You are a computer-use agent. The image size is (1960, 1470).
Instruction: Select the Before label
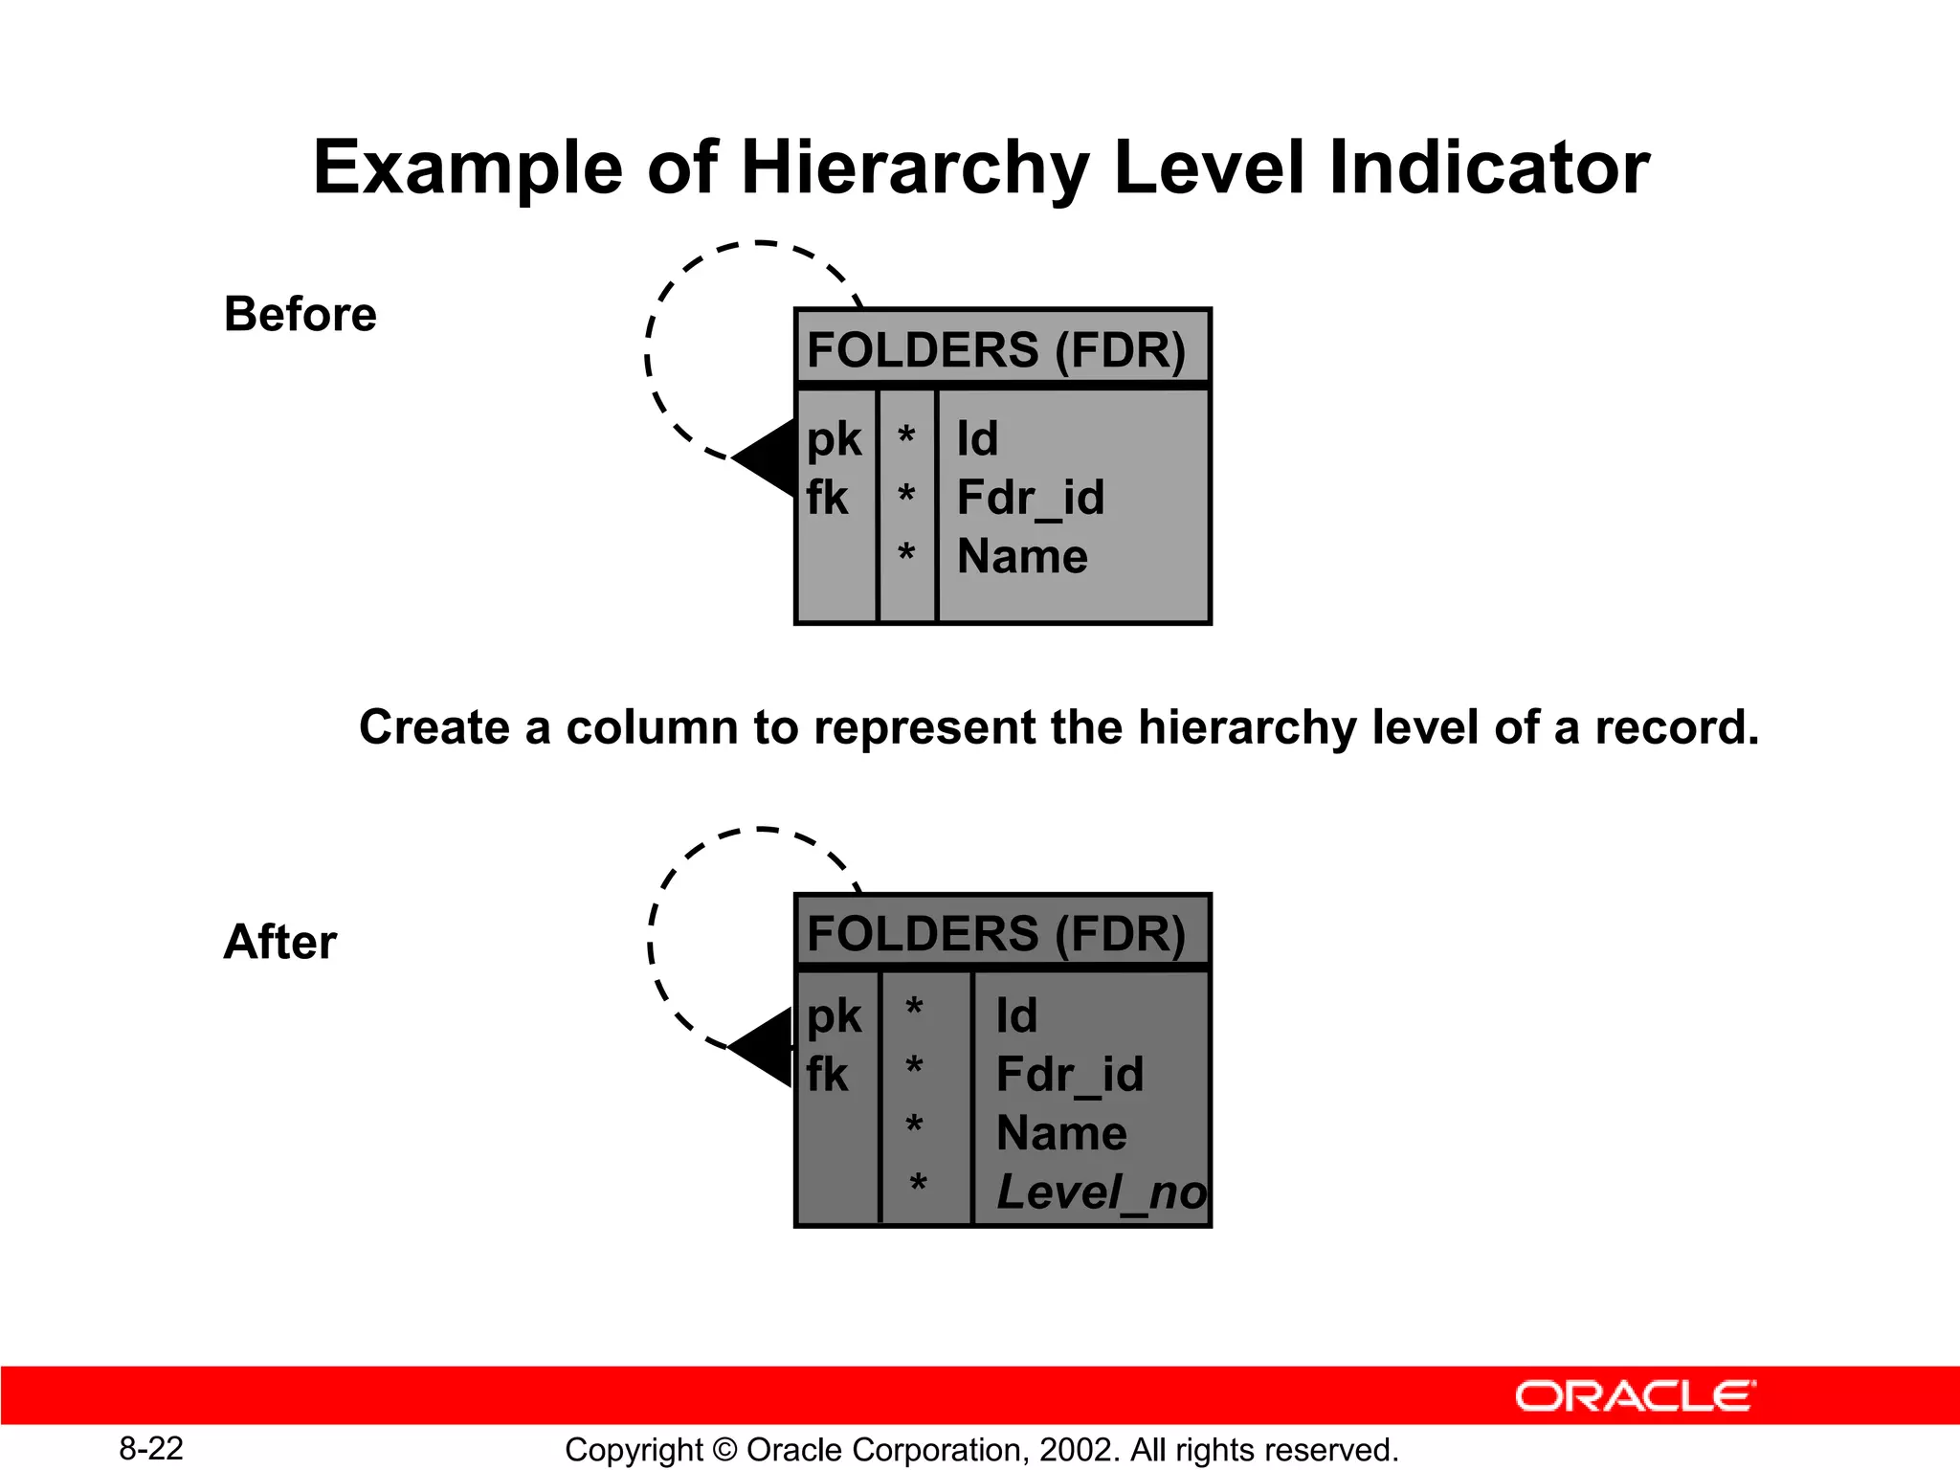point(300,314)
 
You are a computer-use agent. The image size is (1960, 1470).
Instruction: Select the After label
point(279,942)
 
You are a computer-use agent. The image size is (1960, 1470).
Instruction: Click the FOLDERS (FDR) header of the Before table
point(996,349)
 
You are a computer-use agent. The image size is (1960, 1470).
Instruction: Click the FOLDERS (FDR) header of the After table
point(996,934)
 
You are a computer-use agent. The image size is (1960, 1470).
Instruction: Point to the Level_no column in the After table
point(1101,1192)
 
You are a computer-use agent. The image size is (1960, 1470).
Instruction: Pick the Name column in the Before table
point(1022,556)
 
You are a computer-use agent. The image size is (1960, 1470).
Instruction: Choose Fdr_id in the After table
point(1069,1075)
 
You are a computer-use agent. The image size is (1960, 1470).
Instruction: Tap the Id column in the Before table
point(977,439)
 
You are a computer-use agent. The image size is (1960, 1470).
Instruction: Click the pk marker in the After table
point(834,1016)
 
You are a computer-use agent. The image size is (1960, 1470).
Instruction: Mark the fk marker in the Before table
point(827,499)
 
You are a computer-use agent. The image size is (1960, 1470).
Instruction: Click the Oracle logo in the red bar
point(1635,1396)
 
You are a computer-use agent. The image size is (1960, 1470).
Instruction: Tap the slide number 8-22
point(151,1449)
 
